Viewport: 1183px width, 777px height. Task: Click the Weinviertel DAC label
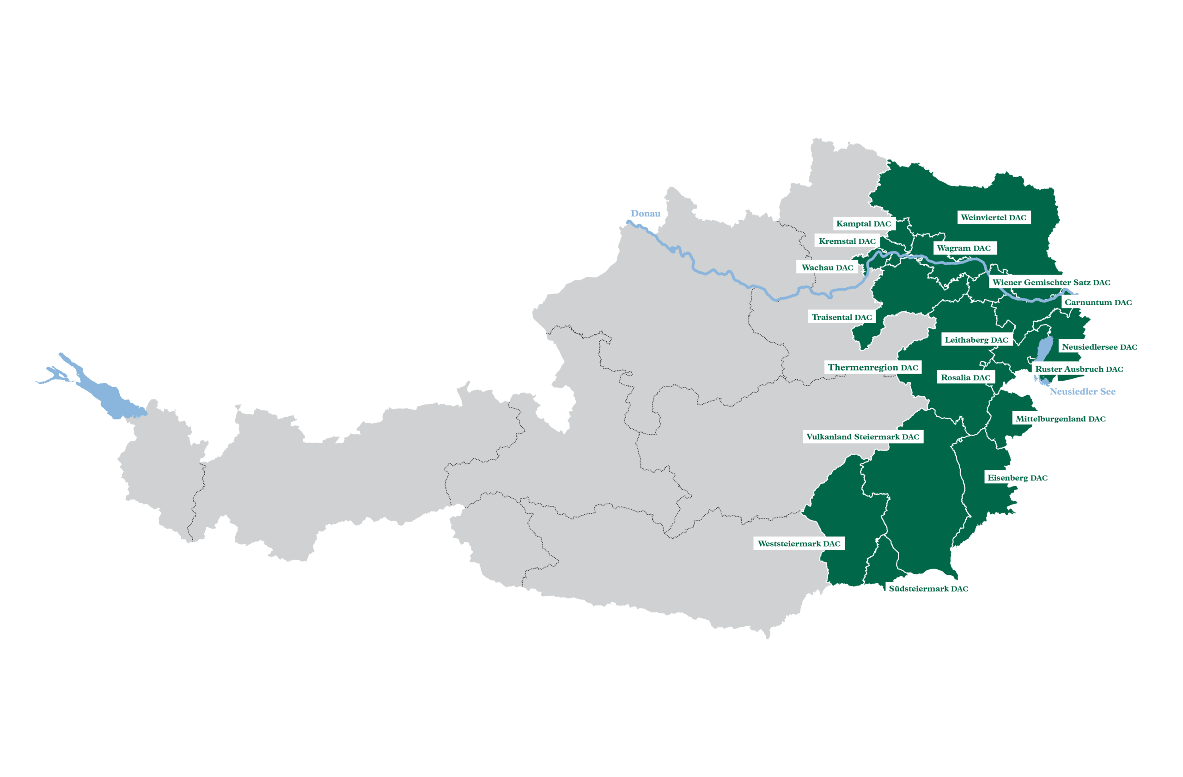click(x=993, y=217)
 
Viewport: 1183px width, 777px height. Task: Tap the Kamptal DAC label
click(x=863, y=224)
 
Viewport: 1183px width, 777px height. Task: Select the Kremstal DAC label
click(x=847, y=241)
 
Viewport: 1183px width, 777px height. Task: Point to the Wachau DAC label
click(x=827, y=268)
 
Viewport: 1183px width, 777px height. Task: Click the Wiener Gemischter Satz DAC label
click(x=1051, y=282)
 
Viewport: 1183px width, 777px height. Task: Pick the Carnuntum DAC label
click(x=1098, y=302)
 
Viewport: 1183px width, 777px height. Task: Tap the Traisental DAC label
click(x=842, y=317)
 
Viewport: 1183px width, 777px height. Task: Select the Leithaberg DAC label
click(x=976, y=340)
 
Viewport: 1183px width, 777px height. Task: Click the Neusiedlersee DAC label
click(x=1099, y=347)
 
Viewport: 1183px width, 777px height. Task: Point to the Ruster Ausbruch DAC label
click(x=1079, y=369)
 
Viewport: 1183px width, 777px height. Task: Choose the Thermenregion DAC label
click(x=873, y=368)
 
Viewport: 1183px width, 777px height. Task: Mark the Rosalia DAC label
click(x=965, y=377)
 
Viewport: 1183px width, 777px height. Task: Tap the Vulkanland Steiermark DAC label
click(x=862, y=437)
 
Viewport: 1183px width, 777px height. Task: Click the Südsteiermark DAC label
click(x=928, y=588)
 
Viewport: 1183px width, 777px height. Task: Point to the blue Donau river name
click(x=645, y=213)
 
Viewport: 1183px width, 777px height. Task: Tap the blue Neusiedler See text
click(x=1082, y=391)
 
